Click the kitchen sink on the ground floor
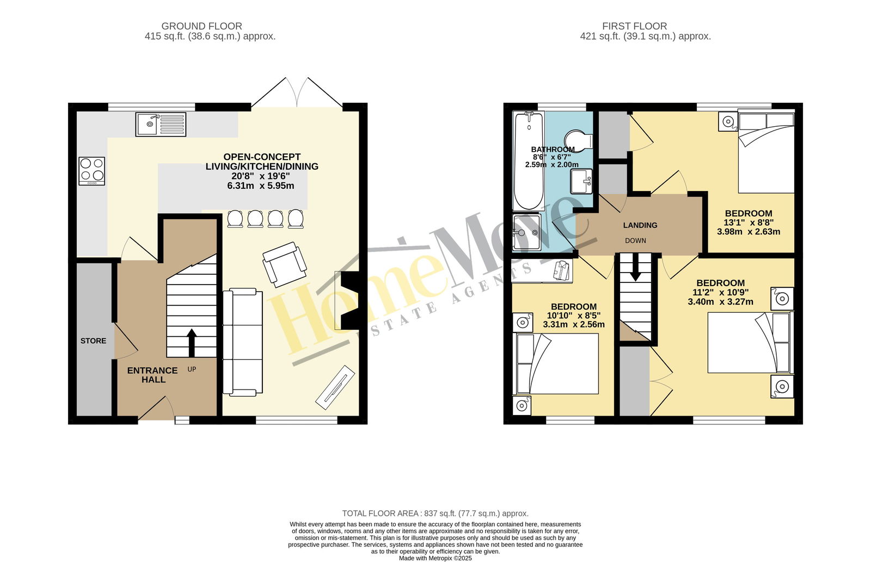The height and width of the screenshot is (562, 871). [x=161, y=125]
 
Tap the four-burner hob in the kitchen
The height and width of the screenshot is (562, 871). [x=92, y=171]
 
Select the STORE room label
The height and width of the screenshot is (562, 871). [x=93, y=341]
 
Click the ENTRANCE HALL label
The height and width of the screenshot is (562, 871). [x=152, y=375]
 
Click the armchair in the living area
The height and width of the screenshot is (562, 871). [x=285, y=264]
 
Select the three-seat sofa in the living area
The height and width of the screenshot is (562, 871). [x=243, y=342]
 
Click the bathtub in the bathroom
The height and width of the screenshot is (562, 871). [x=529, y=161]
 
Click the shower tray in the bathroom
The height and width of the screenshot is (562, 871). [x=527, y=232]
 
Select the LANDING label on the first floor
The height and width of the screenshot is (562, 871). [x=640, y=225]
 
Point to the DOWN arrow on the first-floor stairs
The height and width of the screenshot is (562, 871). [x=636, y=267]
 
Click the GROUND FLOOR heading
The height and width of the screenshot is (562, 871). [x=202, y=26]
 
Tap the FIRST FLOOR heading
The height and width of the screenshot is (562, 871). [x=635, y=26]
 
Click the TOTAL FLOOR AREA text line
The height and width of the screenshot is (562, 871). [x=435, y=514]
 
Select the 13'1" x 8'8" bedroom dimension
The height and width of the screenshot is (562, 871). [x=749, y=223]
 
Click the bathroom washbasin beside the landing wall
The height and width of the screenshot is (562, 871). [x=581, y=181]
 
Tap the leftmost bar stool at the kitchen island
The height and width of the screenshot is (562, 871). [x=235, y=218]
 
